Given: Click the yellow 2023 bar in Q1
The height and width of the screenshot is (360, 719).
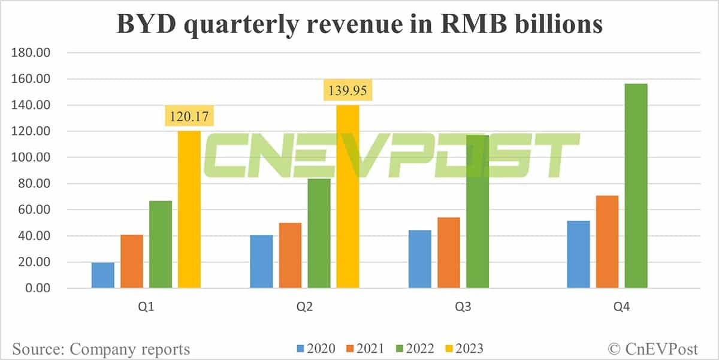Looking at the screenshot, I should pos(189,210).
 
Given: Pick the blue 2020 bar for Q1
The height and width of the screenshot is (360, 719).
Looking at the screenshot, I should pos(103,276).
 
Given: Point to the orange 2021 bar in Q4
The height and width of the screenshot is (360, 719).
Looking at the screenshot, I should pos(607,242).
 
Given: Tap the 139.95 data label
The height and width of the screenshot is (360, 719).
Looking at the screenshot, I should pos(348,92).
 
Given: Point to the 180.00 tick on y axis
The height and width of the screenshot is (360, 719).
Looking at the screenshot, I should pos(30,53).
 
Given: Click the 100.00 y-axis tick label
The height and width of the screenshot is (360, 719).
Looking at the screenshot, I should pos(30,158).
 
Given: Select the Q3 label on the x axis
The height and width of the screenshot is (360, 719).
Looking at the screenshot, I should pos(463,307).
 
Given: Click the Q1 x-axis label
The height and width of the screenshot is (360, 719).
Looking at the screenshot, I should pos(147,307).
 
